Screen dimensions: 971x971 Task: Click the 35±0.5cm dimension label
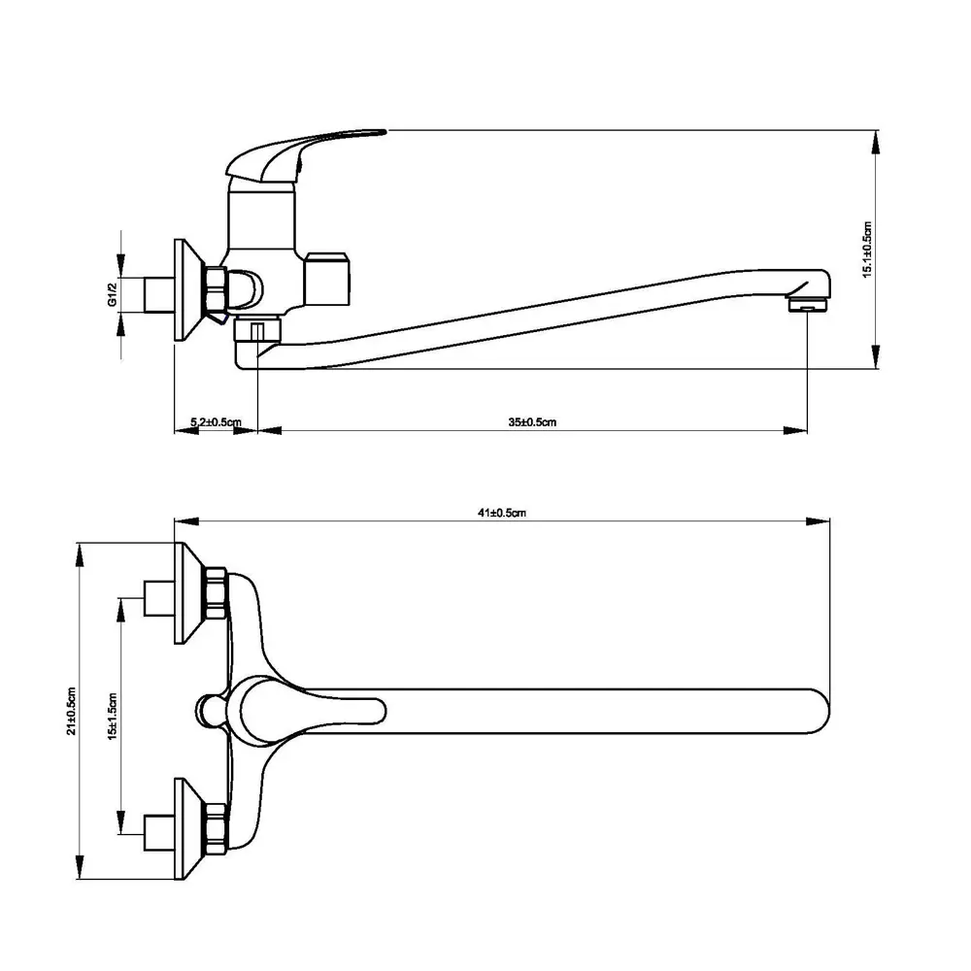click(x=532, y=422)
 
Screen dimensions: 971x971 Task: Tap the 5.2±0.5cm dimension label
click(x=216, y=422)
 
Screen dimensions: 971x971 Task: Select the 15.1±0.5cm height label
click(x=867, y=250)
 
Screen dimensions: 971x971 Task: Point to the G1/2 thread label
click(x=112, y=294)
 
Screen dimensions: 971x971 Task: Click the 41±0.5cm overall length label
click(x=502, y=513)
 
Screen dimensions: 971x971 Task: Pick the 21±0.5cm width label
click(x=72, y=711)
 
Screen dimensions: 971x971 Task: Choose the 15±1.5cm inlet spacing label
click(x=112, y=717)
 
